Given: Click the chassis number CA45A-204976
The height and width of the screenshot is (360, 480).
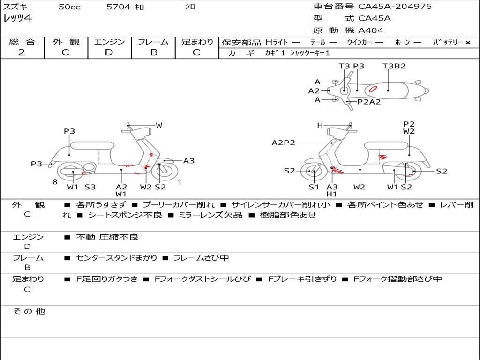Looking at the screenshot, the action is click(x=395, y=7).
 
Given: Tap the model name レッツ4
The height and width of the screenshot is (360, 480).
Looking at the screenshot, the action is click(x=17, y=19).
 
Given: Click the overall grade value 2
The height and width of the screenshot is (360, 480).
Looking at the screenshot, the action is click(x=22, y=52).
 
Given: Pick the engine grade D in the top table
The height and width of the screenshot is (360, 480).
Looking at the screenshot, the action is click(x=109, y=52).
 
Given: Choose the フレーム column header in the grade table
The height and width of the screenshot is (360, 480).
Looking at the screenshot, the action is click(x=153, y=42).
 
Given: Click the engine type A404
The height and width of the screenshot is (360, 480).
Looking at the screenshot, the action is click(x=371, y=30).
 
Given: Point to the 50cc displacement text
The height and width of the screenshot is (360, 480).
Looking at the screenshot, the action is click(x=69, y=7).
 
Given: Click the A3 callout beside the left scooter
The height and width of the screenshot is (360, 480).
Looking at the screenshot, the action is click(x=189, y=161).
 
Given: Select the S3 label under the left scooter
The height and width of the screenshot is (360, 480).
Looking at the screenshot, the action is click(x=90, y=187).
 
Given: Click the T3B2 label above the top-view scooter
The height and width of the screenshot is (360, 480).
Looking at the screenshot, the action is click(x=394, y=66).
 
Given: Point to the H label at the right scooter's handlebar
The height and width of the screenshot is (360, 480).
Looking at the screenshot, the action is click(x=320, y=125).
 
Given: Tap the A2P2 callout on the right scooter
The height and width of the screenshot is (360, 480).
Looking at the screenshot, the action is click(x=283, y=142).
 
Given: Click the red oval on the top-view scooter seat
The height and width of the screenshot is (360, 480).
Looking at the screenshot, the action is click(x=374, y=88).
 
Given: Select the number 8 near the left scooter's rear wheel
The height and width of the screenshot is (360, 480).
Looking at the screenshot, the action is click(x=55, y=181).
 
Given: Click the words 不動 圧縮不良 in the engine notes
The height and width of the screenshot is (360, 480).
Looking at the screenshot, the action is click(x=107, y=237).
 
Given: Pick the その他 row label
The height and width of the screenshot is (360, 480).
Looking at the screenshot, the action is click(x=29, y=311).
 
